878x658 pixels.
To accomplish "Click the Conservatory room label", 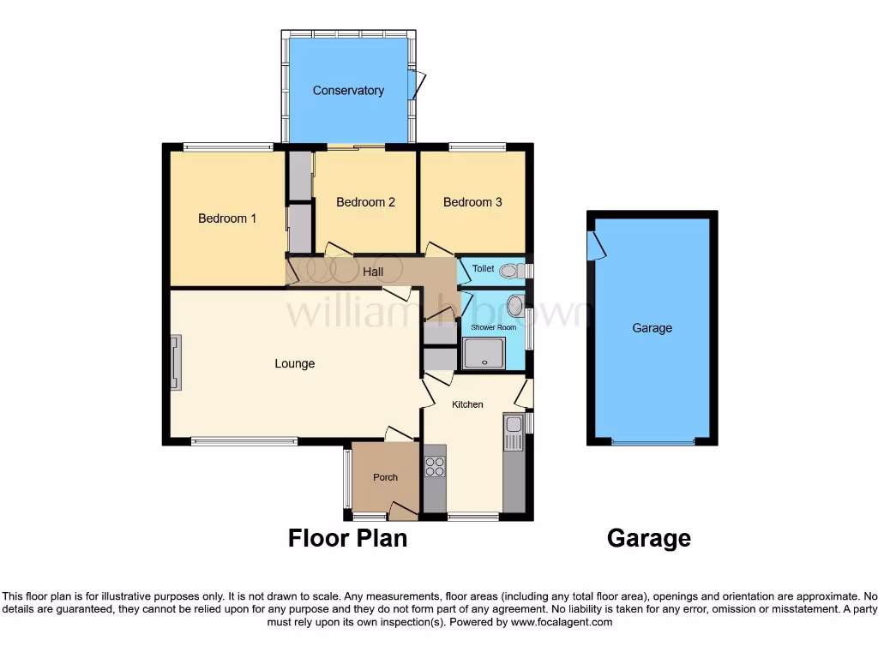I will (x=348, y=91).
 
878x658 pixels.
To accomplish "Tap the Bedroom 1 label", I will (x=227, y=218).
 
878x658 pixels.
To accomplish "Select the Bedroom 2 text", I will (x=365, y=202).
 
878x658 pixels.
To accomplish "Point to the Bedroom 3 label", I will (x=472, y=202).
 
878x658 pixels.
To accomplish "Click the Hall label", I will (x=372, y=272).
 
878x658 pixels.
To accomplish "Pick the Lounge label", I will (x=294, y=363).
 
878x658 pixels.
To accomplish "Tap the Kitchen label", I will (x=467, y=404).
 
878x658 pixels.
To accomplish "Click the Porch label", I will (x=385, y=477).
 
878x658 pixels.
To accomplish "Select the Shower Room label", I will (x=493, y=327).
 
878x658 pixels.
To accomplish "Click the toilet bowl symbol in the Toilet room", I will (x=510, y=271).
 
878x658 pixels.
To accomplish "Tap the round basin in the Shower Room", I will (x=515, y=306).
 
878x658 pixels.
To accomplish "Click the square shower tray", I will (x=484, y=353).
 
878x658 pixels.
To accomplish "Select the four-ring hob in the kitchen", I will (x=435, y=467).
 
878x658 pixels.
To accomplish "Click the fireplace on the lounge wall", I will (x=176, y=363).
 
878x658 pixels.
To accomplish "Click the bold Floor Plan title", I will (x=347, y=538).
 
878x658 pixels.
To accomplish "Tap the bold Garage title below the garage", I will (x=648, y=538).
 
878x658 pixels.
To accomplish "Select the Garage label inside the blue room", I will (x=652, y=328).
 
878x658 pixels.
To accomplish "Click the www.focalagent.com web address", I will (x=562, y=622).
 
